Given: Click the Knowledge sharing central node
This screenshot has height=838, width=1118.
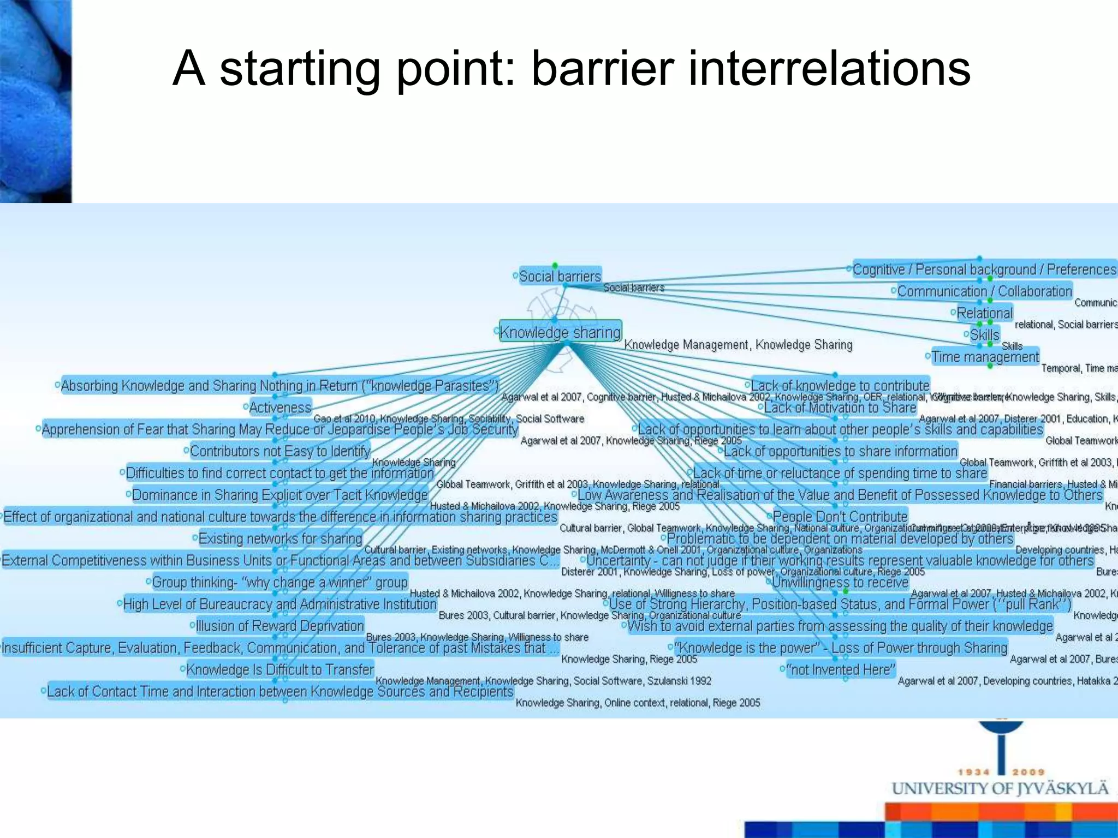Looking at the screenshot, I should pyautogui.click(x=560, y=332).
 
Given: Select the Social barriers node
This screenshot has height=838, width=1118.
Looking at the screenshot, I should pyautogui.click(x=560, y=276).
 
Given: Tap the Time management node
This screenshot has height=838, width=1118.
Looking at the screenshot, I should pyautogui.click(x=985, y=357).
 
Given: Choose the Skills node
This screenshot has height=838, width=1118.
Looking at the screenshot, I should pyautogui.click(x=984, y=334).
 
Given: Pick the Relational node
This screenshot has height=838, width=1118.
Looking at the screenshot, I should pyautogui.click(x=984, y=313).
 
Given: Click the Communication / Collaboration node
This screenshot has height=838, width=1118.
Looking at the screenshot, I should pyautogui.click(x=984, y=291).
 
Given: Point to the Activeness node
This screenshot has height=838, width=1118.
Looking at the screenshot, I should pyautogui.click(x=280, y=408).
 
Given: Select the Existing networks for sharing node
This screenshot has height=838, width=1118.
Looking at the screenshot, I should pyautogui.click(x=280, y=538).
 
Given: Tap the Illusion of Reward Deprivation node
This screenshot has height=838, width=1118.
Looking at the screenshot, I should pyautogui.click(x=279, y=626).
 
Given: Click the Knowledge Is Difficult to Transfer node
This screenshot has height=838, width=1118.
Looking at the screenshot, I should pyautogui.click(x=279, y=669).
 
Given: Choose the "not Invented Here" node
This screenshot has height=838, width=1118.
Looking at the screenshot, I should pyautogui.click(x=840, y=669).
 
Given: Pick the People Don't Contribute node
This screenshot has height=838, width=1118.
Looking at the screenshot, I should pyautogui.click(x=840, y=516).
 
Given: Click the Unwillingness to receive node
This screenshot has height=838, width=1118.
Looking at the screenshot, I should pyautogui.click(x=840, y=582).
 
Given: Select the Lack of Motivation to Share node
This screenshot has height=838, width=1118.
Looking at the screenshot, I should pyautogui.click(x=840, y=408).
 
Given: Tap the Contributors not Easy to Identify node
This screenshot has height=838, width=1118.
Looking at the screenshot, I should pyautogui.click(x=279, y=451).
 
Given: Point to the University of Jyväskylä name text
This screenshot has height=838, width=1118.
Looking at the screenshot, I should pyautogui.click(x=1000, y=789).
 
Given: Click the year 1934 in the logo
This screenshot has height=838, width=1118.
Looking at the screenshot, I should pyautogui.click(x=973, y=772).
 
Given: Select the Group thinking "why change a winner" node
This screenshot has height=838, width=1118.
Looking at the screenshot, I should pyautogui.click(x=279, y=582).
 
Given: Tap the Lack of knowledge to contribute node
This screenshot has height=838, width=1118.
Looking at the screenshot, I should pyautogui.click(x=840, y=385).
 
